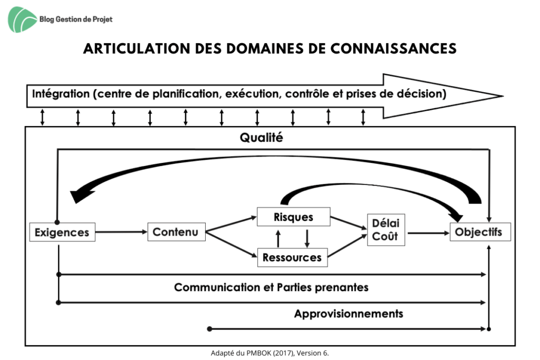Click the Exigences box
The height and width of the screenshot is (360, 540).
(62, 232)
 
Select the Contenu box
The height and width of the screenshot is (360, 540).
(176, 231)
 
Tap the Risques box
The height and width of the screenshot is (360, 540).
(293, 217)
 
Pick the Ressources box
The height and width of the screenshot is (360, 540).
(292, 257)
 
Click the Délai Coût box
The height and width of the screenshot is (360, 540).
(386, 230)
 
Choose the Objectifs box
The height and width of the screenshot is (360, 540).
(480, 231)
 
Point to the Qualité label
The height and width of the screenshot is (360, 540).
(262, 138)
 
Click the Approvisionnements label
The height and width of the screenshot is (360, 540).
(349, 314)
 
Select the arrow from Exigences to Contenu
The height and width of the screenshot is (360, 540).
(122, 231)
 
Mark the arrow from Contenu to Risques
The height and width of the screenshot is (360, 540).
(232, 223)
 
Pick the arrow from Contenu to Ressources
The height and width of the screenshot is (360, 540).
(232, 245)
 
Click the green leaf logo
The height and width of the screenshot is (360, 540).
(21, 20)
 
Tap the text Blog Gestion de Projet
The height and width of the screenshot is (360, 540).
(76, 20)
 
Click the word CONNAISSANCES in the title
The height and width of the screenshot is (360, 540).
(393, 48)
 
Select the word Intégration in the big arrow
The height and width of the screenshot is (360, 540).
(61, 94)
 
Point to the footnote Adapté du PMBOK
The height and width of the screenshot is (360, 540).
(269, 353)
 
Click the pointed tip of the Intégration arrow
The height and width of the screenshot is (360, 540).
(503, 96)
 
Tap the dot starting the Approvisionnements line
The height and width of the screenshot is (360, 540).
(209, 329)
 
